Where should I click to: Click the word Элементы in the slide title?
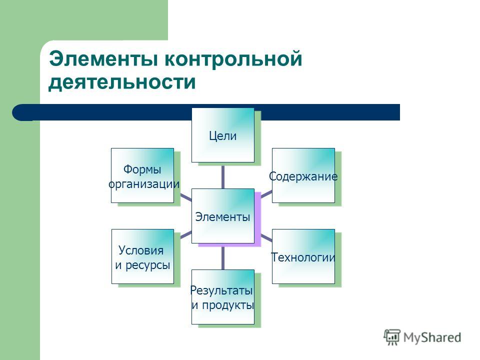(103, 59)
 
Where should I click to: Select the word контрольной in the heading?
(233, 59)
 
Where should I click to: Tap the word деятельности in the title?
(122, 82)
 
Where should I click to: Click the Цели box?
(223, 135)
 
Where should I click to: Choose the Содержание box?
(303, 175)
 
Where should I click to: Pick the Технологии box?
(303, 256)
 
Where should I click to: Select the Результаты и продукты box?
(223, 297)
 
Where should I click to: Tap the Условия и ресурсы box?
(142, 256)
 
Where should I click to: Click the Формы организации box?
(142, 175)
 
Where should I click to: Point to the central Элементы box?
(223, 216)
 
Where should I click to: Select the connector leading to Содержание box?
(266, 194)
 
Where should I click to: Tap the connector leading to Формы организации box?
(186, 197)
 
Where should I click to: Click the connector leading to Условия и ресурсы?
(186, 235)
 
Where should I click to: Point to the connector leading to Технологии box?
(266, 238)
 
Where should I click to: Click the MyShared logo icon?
(392, 337)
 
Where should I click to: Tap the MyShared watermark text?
(432, 337)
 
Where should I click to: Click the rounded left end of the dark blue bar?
(18, 112)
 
